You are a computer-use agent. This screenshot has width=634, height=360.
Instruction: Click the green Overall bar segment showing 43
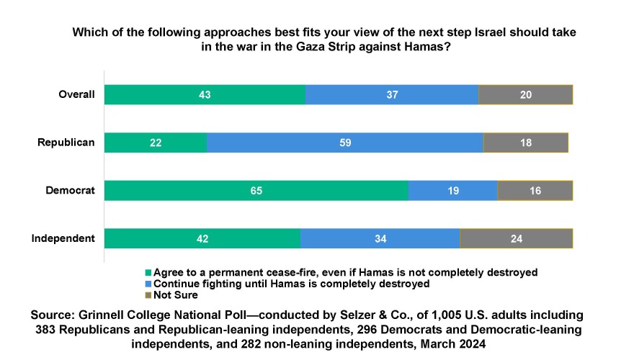click(x=205, y=94)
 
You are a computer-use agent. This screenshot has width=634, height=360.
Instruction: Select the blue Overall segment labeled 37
click(x=392, y=94)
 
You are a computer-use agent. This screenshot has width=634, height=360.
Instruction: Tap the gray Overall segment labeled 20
click(x=525, y=94)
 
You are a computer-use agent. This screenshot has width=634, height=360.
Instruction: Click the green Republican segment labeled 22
click(x=155, y=143)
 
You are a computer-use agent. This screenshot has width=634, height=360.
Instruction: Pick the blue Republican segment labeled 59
click(x=344, y=143)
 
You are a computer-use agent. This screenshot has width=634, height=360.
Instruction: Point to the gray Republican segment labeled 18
click(x=525, y=143)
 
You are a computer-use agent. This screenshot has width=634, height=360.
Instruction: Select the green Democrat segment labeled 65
click(x=256, y=191)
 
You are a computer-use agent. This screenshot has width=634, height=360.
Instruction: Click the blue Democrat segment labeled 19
click(x=452, y=191)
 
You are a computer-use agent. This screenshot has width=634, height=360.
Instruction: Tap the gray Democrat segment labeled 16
click(x=535, y=191)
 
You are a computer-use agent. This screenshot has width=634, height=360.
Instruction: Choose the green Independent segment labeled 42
click(x=202, y=238)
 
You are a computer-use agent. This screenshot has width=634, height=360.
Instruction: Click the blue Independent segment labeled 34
click(x=380, y=238)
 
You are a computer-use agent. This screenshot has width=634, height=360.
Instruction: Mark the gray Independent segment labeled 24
click(x=516, y=238)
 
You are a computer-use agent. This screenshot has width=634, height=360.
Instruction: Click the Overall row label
click(x=76, y=94)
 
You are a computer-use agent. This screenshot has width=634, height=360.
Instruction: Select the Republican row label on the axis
click(x=66, y=143)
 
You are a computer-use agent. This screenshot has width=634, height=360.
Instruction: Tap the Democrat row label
click(x=71, y=191)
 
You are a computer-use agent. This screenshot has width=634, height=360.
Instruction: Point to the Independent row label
click(x=64, y=238)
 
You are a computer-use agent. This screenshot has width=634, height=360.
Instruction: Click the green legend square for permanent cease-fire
click(x=149, y=273)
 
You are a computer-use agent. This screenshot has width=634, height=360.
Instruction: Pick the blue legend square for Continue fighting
click(x=149, y=284)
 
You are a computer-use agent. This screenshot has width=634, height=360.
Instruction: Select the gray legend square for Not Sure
click(x=149, y=296)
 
